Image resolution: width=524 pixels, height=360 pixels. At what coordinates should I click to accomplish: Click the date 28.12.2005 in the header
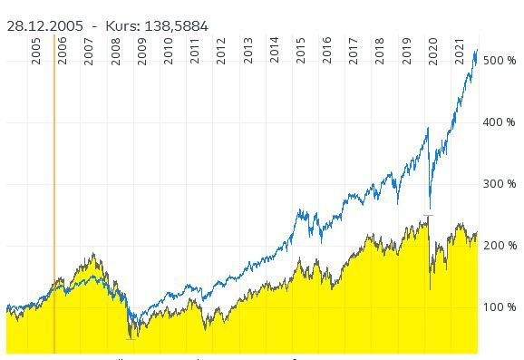[45, 26]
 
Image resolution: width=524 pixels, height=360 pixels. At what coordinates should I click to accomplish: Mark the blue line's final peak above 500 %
[475, 52]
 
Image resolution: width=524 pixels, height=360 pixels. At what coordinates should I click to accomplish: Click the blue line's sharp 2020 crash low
[430, 209]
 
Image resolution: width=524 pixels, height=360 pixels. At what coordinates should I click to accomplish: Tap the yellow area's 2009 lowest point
[132, 337]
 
